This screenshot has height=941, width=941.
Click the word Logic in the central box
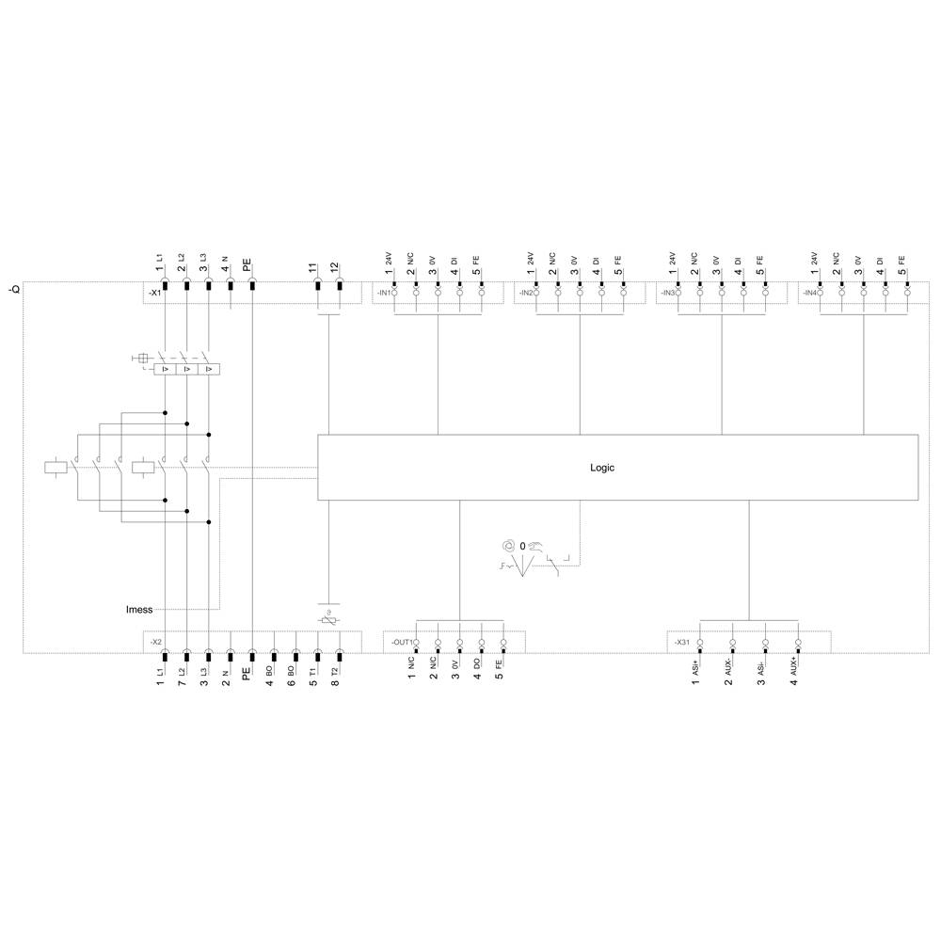(x=602, y=468)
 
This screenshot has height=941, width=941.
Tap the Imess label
(x=139, y=610)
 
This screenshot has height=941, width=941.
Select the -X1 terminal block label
(x=155, y=294)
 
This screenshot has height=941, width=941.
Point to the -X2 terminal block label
(x=155, y=642)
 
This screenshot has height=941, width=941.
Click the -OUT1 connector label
(x=402, y=642)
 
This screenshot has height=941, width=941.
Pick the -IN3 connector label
(x=668, y=294)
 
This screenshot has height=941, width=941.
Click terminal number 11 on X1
(x=313, y=268)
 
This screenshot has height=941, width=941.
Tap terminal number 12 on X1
(x=335, y=268)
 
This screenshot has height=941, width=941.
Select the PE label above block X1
(x=247, y=266)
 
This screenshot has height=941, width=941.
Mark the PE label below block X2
(x=247, y=675)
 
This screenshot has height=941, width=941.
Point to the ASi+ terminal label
(x=696, y=671)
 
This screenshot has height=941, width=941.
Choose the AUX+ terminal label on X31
(x=794, y=669)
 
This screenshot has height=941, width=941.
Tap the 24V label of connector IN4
(x=814, y=259)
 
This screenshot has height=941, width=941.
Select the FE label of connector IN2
(x=618, y=260)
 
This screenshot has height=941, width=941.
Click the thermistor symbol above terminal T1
(x=328, y=618)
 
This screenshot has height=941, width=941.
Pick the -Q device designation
(x=12, y=289)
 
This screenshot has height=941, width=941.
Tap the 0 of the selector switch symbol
(x=521, y=546)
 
